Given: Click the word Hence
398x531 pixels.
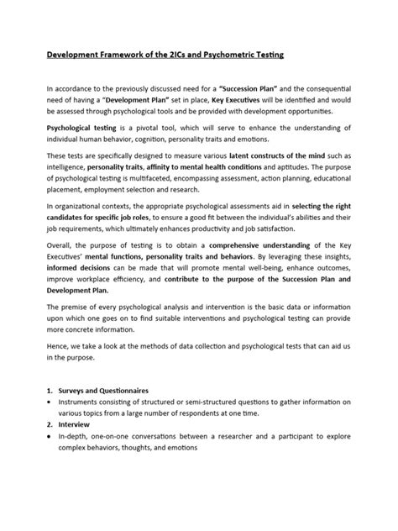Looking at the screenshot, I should click(59, 357).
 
